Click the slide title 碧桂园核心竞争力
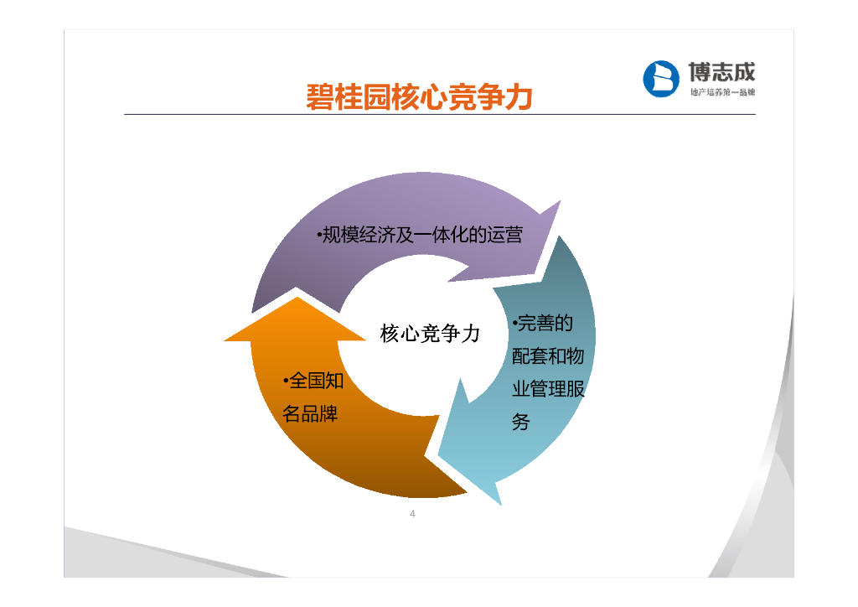[420, 96]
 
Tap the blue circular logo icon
[660, 79]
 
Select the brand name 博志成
[721, 71]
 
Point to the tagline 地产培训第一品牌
[721, 92]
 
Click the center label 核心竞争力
[430, 334]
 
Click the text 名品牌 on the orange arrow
[310, 414]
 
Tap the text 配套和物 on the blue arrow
[548, 357]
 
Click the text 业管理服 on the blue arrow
[548, 390]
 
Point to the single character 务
[521, 423]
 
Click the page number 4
[412, 514]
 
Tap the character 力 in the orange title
[519, 96]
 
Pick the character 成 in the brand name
[743, 71]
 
